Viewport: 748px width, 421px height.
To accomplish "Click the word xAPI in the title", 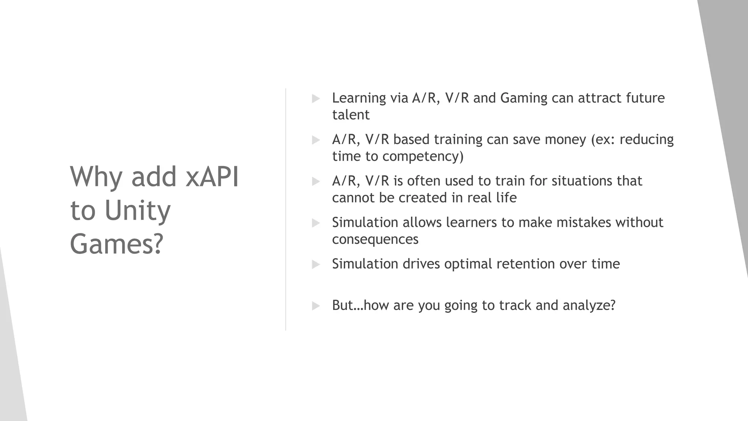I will pyautogui.click(x=212, y=177).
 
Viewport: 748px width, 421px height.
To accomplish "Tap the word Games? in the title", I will pyautogui.click(x=116, y=244).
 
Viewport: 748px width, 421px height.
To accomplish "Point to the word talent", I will pyautogui.click(x=351, y=115).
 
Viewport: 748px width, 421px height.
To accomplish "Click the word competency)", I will pyautogui.click(x=423, y=156).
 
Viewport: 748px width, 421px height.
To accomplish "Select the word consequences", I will pyautogui.click(x=375, y=239).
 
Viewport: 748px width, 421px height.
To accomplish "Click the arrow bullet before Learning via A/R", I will pyautogui.click(x=316, y=98).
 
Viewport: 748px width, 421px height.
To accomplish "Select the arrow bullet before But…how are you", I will pyautogui.click(x=316, y=306).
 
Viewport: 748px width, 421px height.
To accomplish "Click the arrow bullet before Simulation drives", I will pyautogui.click(x=316, y=264).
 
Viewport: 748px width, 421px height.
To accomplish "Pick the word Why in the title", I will pyautogui.click(x=96, y=177).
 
